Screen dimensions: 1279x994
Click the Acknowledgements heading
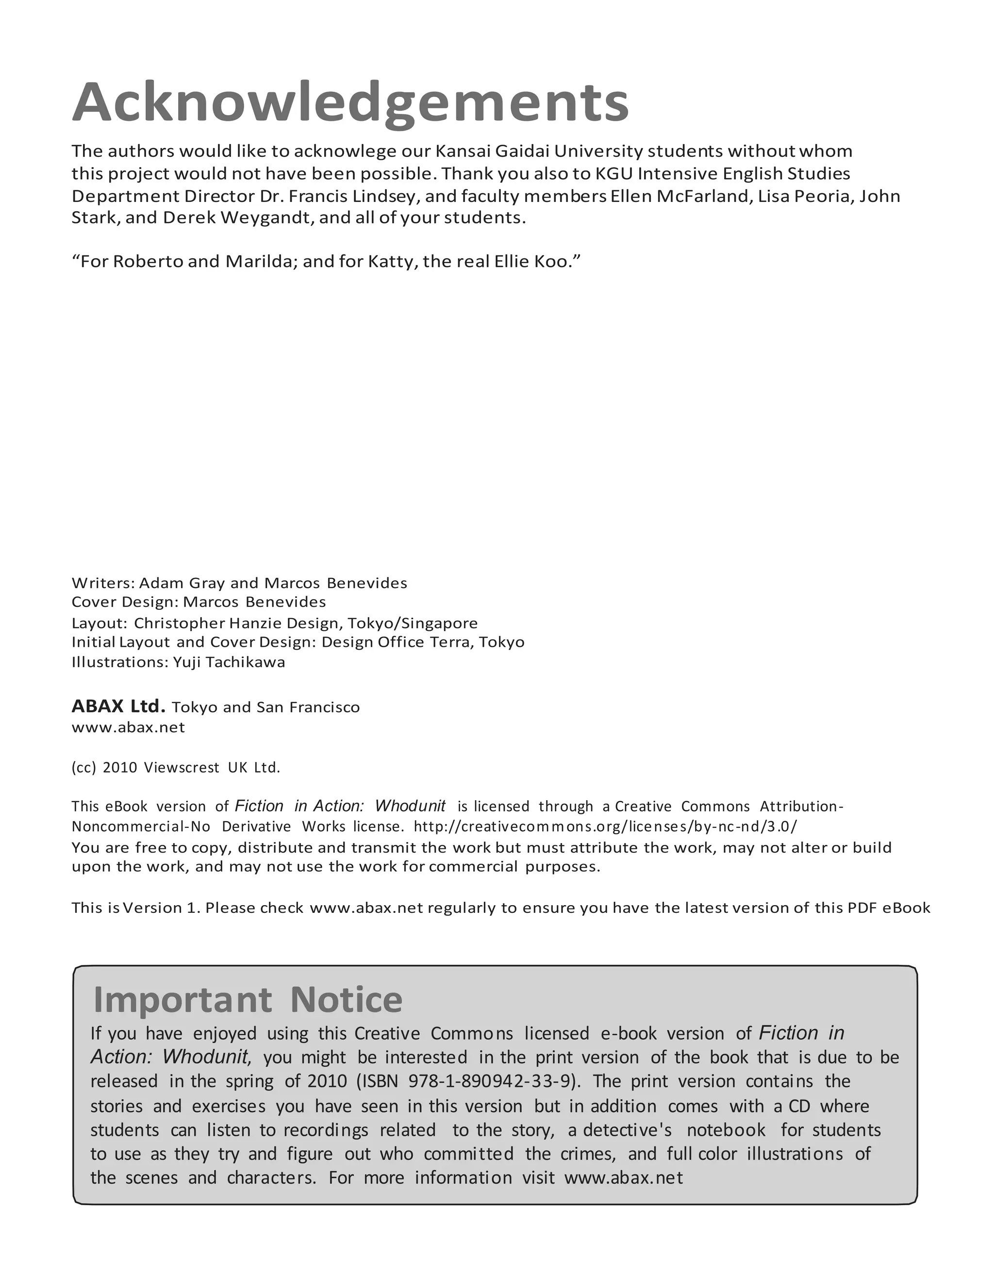pos(350,103)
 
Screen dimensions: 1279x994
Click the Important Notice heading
pos(248,1000)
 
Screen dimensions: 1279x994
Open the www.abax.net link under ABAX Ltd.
pos(128,727)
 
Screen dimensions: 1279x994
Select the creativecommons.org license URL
pos(605,826)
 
